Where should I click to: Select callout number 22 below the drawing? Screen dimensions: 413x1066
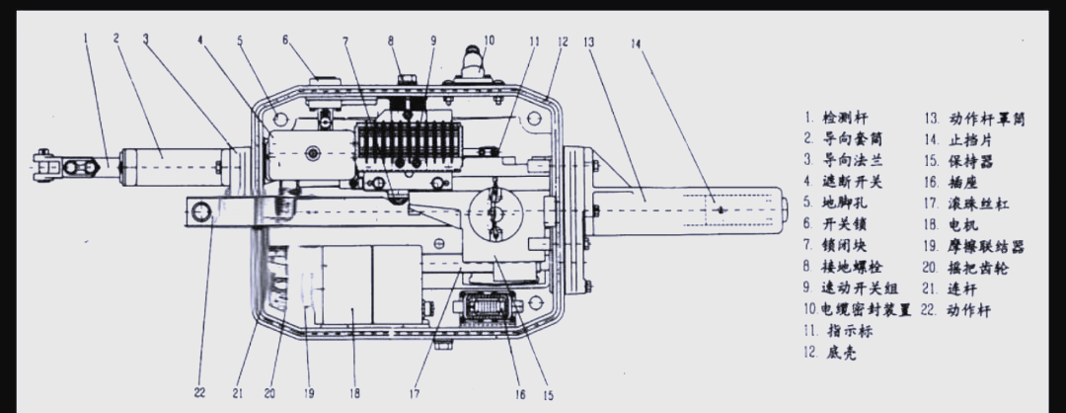pyautogui.click(x=199, y=393)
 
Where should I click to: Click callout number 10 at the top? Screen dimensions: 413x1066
pyautogui.click(x=489, y=41)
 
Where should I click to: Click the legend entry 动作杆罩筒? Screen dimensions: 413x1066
pyautogui.click(x=985, y=118)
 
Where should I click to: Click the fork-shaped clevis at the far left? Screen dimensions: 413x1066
pyautogui.click(x=50, y=165)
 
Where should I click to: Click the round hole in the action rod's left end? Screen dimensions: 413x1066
pyautogui.click(x=202, y=211)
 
